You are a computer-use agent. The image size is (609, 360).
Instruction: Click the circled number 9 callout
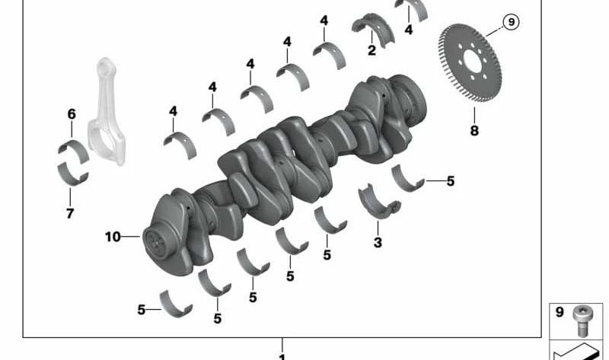point(511,22)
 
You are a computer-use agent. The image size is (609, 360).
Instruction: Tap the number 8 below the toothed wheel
point(474,130)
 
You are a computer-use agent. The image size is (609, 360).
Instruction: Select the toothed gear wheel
point(470,62)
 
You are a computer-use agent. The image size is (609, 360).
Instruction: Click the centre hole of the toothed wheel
point(472,62)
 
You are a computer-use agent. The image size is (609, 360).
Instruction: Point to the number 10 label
point(113,237)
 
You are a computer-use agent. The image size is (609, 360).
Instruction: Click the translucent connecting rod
point(106,112)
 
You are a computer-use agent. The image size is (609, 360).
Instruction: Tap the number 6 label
point(72,114)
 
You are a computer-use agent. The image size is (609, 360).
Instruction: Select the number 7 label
point(70,213)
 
